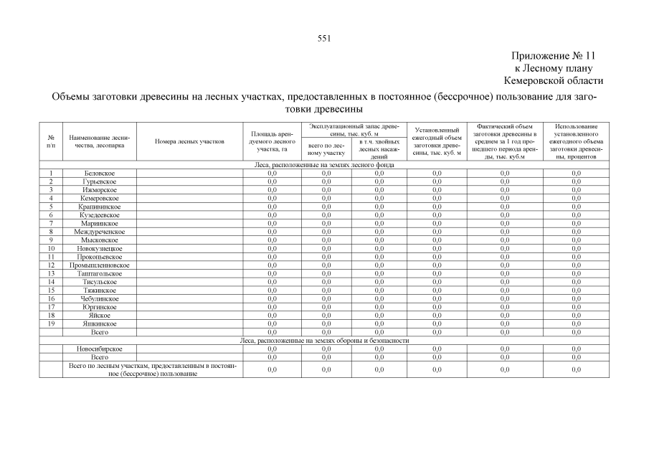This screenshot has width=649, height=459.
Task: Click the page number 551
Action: (x=323, y=39)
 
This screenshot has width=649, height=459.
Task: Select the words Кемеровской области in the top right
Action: (x=554, y=81)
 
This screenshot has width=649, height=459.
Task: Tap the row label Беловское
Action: (x=99, y=174)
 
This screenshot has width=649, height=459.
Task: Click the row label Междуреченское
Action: (x=99, y=232)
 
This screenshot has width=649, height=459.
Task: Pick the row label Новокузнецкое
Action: (x=99, y=249)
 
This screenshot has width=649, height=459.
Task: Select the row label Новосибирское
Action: (x=99, y=349)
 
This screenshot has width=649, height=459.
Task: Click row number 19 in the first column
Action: (x=51, y=324)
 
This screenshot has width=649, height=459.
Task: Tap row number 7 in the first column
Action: (x=51, y=224)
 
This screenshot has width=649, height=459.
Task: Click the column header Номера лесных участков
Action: (x=190, y=142)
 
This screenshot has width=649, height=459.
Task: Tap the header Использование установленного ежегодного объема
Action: (x=576, y=142)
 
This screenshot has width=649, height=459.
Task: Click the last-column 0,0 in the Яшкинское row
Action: (x=576, y=324)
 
